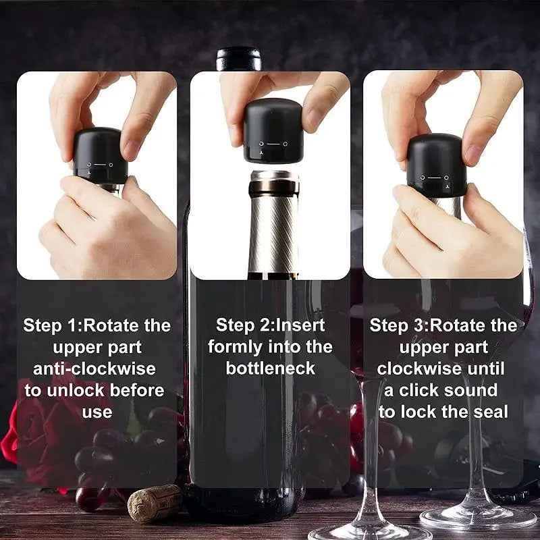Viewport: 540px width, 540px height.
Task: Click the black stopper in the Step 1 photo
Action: click(100, 155)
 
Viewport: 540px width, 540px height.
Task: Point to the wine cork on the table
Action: click(155, 503)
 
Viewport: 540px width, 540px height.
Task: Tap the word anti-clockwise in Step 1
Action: click(94, 369)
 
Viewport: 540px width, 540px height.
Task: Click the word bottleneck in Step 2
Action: click(271, 369)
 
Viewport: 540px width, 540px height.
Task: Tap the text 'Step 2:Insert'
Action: click(270, 325)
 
